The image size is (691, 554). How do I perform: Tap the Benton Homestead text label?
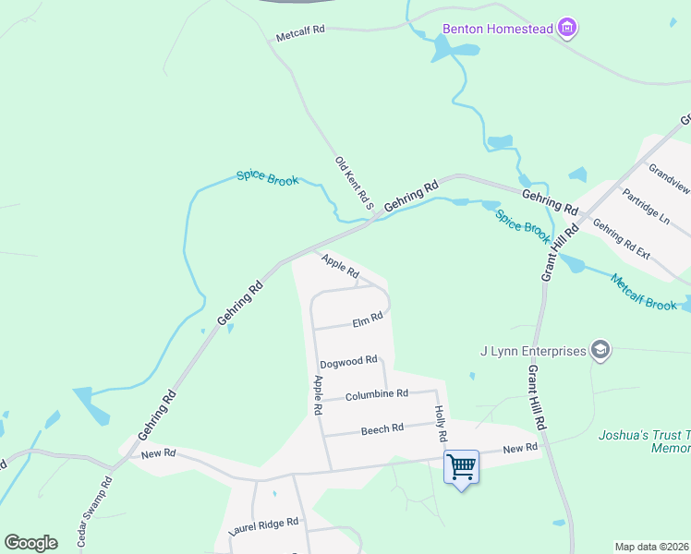point(497,29)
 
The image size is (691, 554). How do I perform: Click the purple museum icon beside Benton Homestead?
point(569,29)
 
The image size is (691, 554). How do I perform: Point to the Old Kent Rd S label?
point(352,182)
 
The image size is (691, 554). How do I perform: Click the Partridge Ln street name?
point(646,207)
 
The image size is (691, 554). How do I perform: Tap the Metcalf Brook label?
point(643,292)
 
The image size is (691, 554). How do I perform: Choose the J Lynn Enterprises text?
point(534,351)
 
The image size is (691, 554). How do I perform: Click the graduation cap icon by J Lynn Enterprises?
point(600,350)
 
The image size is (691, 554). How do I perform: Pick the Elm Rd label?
point(367,321)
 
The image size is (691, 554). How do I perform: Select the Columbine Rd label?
point(376,394)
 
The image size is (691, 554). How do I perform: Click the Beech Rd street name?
point(382,428)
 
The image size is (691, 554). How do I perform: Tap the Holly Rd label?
point(441,423)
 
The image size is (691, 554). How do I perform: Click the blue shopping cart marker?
point(461,467)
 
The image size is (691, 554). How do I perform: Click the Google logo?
point(30,543)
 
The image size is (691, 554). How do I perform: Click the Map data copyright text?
point(652,547)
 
